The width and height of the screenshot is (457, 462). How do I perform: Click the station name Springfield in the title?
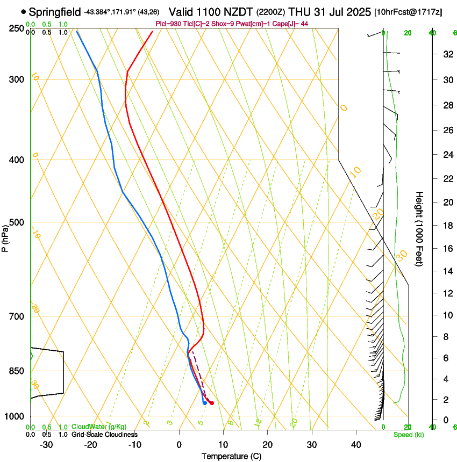(54, 11)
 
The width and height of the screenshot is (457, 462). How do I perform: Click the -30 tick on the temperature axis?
(47, 444)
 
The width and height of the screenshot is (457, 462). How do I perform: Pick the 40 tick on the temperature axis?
(355, 444)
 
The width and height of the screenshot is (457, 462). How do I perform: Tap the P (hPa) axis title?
(5, 237)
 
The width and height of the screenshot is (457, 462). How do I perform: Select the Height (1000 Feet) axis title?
(419, 229)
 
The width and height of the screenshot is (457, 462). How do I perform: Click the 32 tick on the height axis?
(446, 54)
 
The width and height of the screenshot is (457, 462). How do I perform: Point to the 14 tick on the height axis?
(446, 271)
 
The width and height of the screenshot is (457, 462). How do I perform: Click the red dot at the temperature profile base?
(212, 403)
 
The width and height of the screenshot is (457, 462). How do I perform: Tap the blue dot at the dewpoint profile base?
(205, 403)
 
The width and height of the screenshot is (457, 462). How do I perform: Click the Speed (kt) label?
(408, 435)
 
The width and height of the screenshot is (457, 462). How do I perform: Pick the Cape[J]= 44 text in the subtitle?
(290, 24)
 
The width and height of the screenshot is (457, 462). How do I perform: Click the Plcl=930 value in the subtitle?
(166, 24)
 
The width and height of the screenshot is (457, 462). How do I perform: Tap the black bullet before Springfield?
(23, 11)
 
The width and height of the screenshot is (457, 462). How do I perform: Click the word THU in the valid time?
(298, 11)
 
